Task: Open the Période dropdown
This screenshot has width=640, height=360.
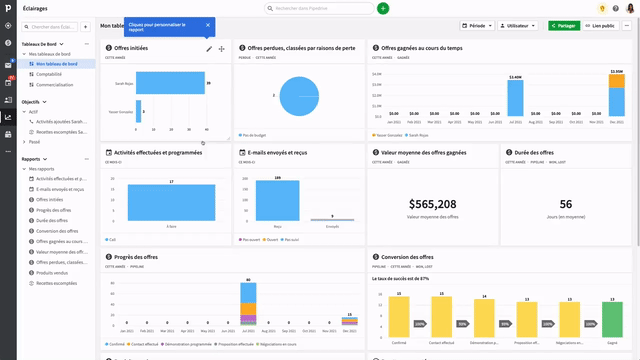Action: tap(477, 25)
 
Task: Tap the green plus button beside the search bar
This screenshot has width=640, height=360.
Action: tap(383, 8)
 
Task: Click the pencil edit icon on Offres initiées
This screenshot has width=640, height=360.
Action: tap(209, 48)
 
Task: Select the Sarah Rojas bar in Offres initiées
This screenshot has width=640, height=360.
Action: tap(171, 84)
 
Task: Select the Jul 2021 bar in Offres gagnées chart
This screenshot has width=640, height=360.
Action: tap(516, 97)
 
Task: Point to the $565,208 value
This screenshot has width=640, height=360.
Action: tap(433, 203)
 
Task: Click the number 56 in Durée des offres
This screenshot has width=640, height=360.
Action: tap(566, 203)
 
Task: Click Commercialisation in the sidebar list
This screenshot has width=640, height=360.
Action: tap(55, 84)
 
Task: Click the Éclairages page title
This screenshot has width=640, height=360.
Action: tap(35, 8)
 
